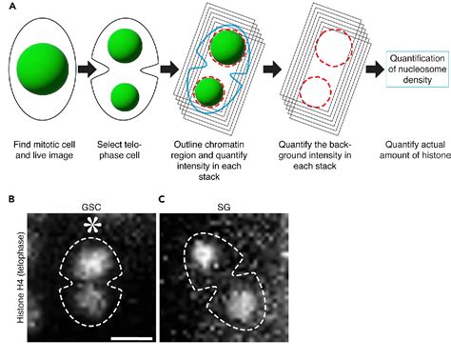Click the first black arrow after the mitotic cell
[86, 70]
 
